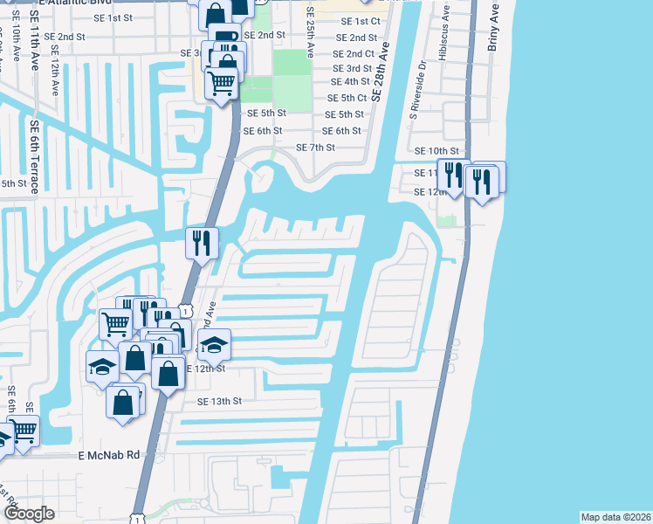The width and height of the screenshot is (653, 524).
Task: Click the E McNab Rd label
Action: (109, 455)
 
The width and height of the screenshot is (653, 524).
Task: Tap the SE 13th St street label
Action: (219, 402)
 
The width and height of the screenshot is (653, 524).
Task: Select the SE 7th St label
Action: (315, 148)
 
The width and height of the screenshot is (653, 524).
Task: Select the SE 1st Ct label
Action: (361, 21)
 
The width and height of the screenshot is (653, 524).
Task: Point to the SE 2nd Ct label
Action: (354, 53)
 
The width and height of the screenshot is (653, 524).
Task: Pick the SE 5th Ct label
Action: (347, 99)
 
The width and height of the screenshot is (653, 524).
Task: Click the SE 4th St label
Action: (347, 82)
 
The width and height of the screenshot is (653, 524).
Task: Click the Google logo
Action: (29, 514)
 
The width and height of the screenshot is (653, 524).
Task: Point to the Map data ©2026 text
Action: (615, 517)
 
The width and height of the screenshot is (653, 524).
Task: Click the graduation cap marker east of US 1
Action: (215, 346)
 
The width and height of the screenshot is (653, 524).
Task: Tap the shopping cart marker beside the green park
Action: (222, 84)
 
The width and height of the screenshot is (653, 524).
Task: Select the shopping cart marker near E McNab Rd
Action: (24, 431)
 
